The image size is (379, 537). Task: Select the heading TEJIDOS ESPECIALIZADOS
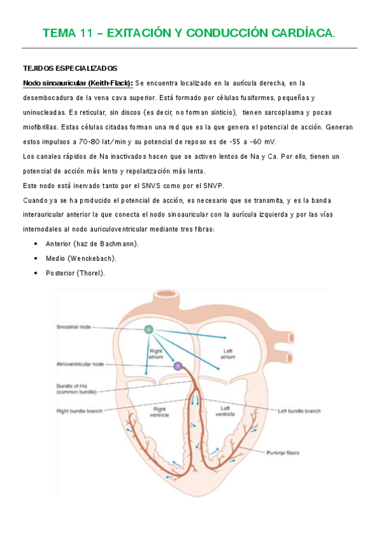click(x=70, y=68)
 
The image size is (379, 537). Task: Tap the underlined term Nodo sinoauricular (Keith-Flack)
click(x=77, y=83)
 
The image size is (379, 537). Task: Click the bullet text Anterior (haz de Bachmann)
click(x=92, y=244)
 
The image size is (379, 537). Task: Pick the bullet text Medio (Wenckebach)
click(x=81, y=258)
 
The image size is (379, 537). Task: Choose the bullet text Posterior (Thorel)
click(x=75, y=273)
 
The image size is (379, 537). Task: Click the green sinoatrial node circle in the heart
click(x=148, y=329)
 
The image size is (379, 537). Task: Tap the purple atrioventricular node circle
click(x=178, y=365)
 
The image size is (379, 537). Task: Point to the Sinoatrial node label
click(x=74, y=327)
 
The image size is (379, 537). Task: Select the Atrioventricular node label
click(x=81, y=364)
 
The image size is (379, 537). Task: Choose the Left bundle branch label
click(x=299, y=411)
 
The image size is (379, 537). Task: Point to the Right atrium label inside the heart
click(x=156, y=352)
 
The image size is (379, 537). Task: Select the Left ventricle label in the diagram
click(x=226, y=411)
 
